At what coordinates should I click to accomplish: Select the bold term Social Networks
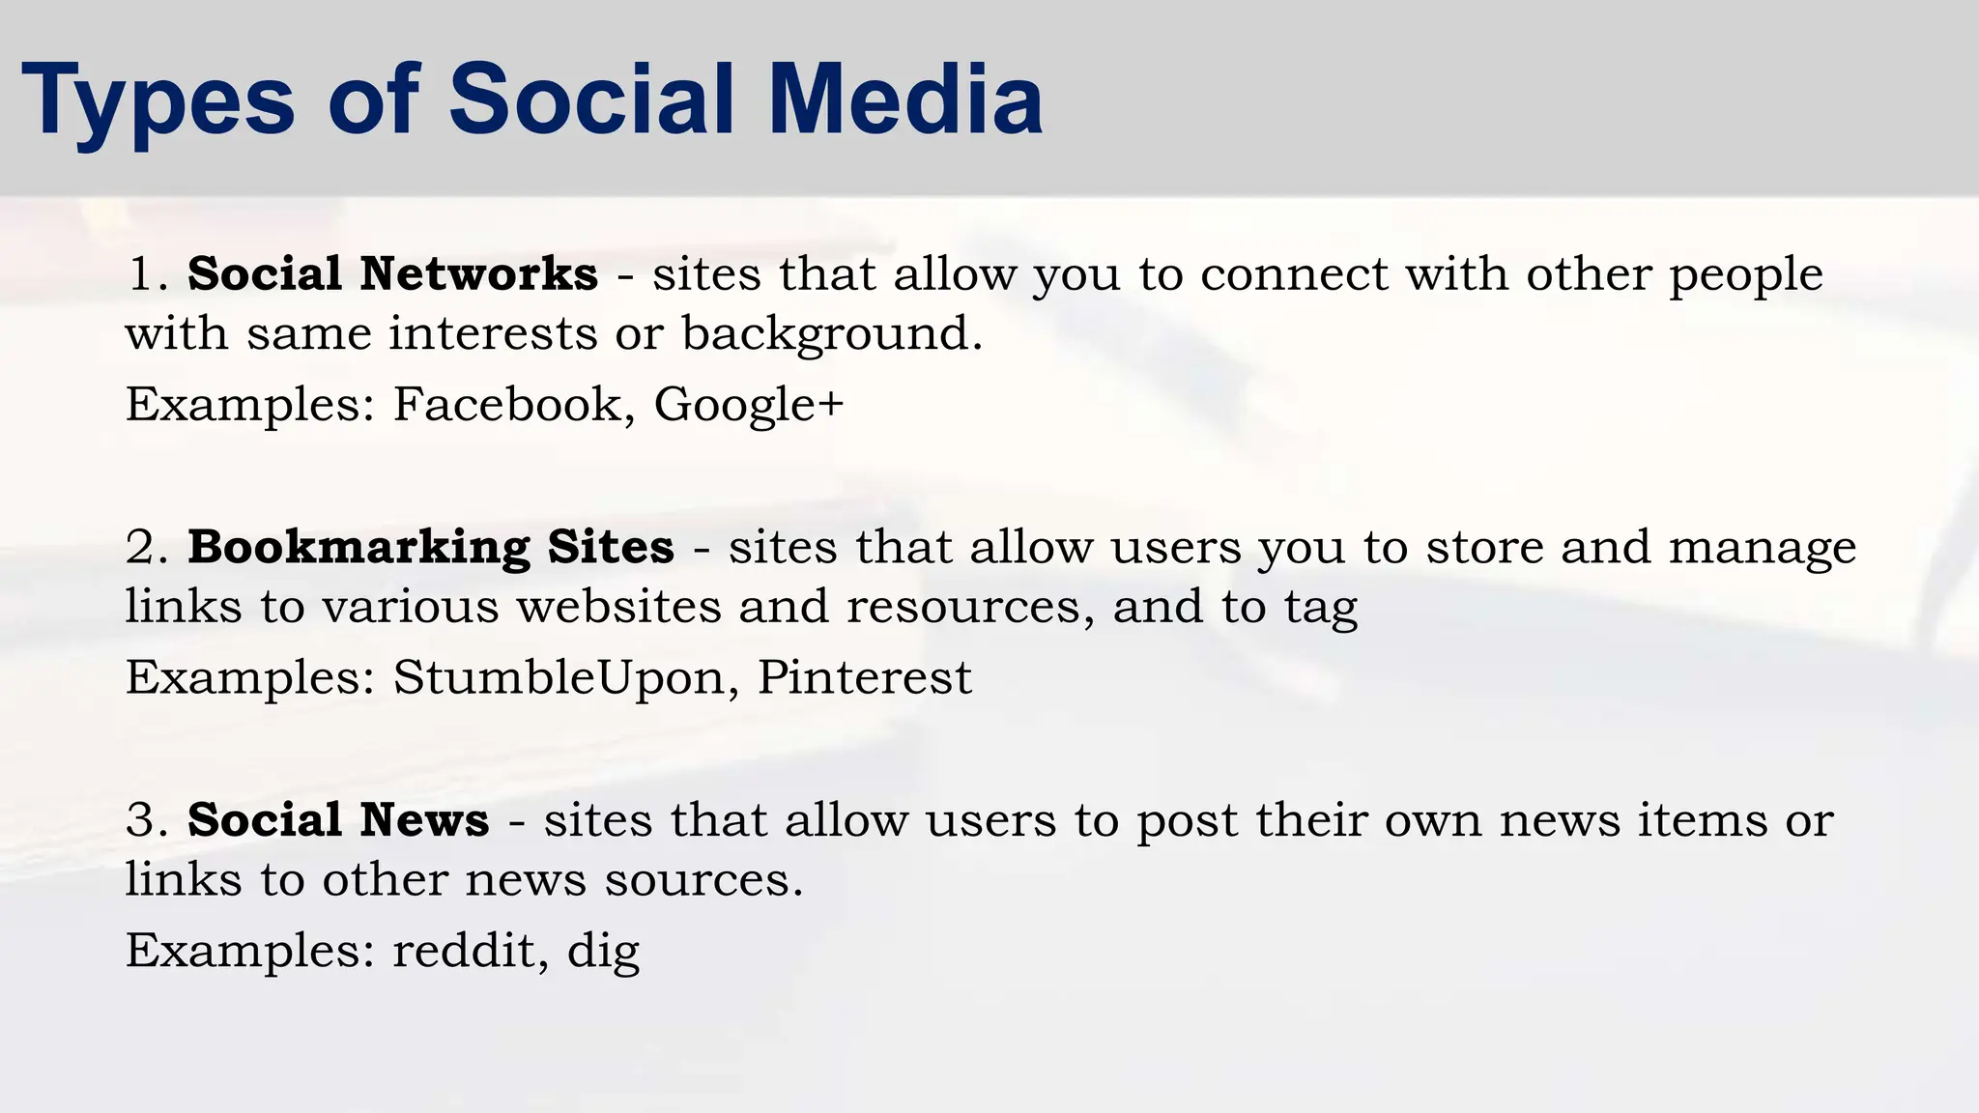coord(392,274)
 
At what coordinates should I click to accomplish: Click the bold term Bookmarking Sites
coord(430,548)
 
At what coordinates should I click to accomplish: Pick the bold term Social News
coord(338,820)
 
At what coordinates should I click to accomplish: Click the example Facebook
coord(506,404)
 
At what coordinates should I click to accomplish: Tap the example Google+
coord(749,404)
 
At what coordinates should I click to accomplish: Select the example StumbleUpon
coord(559,677)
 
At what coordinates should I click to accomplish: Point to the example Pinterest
coord(864,677)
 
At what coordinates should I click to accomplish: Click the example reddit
coord(463,951)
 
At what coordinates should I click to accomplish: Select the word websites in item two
coord(618,607)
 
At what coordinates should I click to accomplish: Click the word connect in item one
coord(1294,274)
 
